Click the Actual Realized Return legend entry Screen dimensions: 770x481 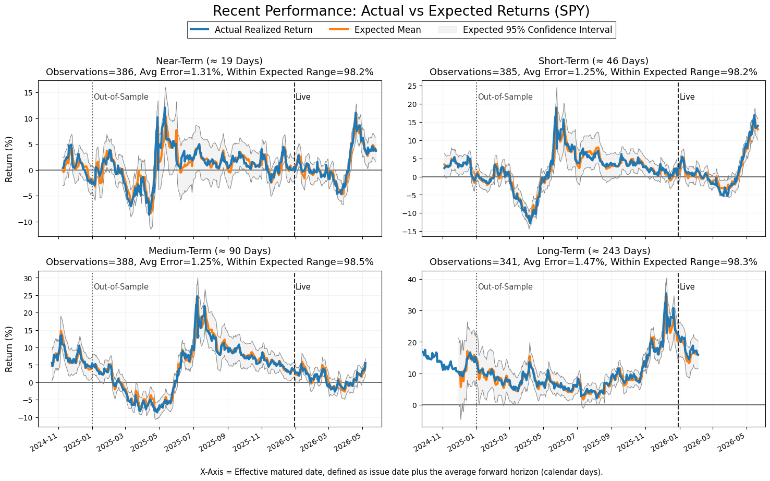[251, 30]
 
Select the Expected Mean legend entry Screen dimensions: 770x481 [375, 30]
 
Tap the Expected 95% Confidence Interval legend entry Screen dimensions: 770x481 [525, 30]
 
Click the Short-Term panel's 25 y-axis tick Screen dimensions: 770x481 [413, 86]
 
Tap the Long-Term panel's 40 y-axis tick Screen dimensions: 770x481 [413, 280]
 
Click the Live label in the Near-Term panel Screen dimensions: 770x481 [303, 97]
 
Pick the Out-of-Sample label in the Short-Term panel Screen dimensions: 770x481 [505, 97]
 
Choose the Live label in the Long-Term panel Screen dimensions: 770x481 [687, 287]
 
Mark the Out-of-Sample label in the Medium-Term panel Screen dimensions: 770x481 [121, 287]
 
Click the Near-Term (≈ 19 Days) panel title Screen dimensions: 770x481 [210, 61]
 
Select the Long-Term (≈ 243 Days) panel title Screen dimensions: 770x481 [594, 251]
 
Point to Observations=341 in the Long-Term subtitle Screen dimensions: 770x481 [473, 262]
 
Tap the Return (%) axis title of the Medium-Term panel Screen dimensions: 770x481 [9, 349]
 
